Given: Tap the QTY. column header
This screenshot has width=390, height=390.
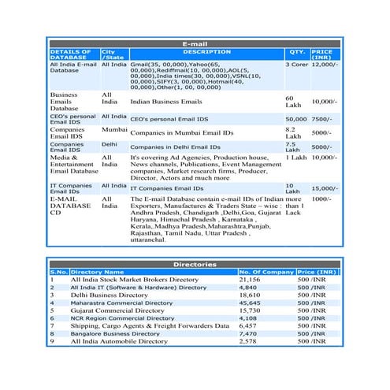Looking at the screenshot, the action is tap(296, 52).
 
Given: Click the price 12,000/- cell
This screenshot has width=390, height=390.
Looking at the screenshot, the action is tap(324, 65).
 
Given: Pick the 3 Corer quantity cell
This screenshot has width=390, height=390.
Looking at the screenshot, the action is tap(296, 65).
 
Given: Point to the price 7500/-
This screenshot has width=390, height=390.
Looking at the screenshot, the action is tap(321, 118).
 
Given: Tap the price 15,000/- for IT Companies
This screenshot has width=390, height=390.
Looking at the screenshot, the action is tap(324, 188).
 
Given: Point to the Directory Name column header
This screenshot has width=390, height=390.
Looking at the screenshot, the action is tap(98, 272).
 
